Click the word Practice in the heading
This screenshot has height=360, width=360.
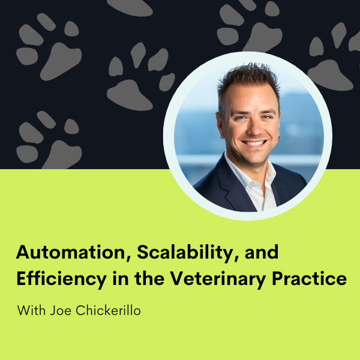tap(309, 278)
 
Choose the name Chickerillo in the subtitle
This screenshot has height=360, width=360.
tap(108, 310)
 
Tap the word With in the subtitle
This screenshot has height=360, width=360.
tap(31, 310)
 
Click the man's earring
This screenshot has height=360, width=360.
tap(280, 138)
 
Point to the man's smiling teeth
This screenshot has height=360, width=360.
tap(254, 143)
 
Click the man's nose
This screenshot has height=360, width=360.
tap(254, 129)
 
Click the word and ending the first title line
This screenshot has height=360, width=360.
tap(262, 253)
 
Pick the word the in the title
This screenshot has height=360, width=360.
tap(149, 278)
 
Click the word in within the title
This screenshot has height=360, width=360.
tap(121, 278)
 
